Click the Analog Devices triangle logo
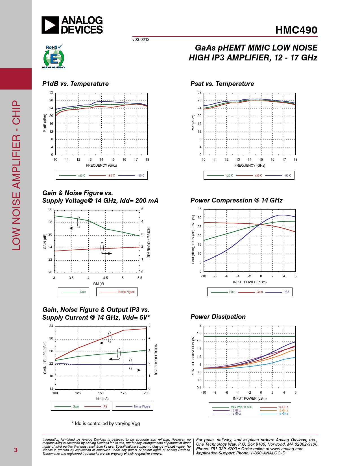[50, 25]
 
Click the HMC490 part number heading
[296, 30]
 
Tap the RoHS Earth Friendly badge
[54, 57]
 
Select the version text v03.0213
[141, 40]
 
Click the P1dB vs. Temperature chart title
[75, 84]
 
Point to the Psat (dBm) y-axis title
[193, 123]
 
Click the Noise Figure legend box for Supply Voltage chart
[117, 292]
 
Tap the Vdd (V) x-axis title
[98, 284]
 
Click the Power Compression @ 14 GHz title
[236, 200]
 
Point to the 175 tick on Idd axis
[124, 393]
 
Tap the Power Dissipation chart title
[218, 317]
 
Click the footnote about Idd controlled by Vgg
[106, 423]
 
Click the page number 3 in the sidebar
[16, 450]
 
